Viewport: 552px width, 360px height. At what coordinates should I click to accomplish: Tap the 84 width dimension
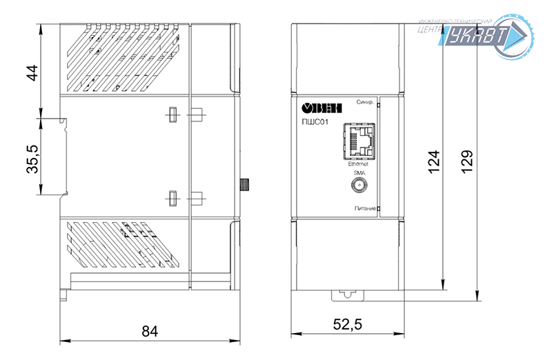pyautogui.click(x=150, y=331)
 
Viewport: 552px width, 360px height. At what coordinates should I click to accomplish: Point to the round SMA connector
pyautogui.click(x=359, y=186)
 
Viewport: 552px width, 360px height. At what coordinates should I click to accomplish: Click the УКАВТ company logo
pyautogui.click(x=486, y=34)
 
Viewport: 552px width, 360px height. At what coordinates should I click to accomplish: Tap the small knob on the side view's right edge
pyautogui.click(x=244, y=185)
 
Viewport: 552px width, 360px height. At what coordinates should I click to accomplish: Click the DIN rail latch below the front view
pyautogui.click(x=347, y=294)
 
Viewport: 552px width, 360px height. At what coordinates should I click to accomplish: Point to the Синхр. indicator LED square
pyautogui.click(x=378, y=104)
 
